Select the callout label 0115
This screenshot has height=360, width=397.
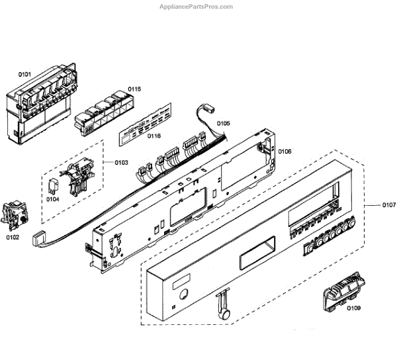(134, 89)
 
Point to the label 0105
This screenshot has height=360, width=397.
(223, 123)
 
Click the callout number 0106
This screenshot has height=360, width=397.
(284, 152)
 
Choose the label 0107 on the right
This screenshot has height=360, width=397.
(388, 205)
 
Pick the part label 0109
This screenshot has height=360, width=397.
(354, 308)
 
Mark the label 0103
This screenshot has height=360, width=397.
(121, 163)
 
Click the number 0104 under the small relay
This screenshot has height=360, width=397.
(52, 199)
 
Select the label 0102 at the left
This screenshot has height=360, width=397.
(13, 236)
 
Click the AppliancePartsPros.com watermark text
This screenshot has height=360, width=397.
(197, 7)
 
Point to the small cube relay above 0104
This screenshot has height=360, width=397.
(54, 185)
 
